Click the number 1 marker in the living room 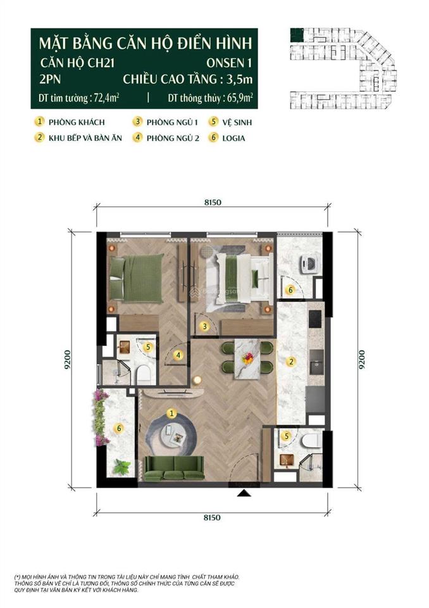click(171, 412)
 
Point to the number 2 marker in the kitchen click(291, 362)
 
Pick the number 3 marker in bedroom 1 click(204, 326)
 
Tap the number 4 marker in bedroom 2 click(180, 355)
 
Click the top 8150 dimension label click(211, 203)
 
